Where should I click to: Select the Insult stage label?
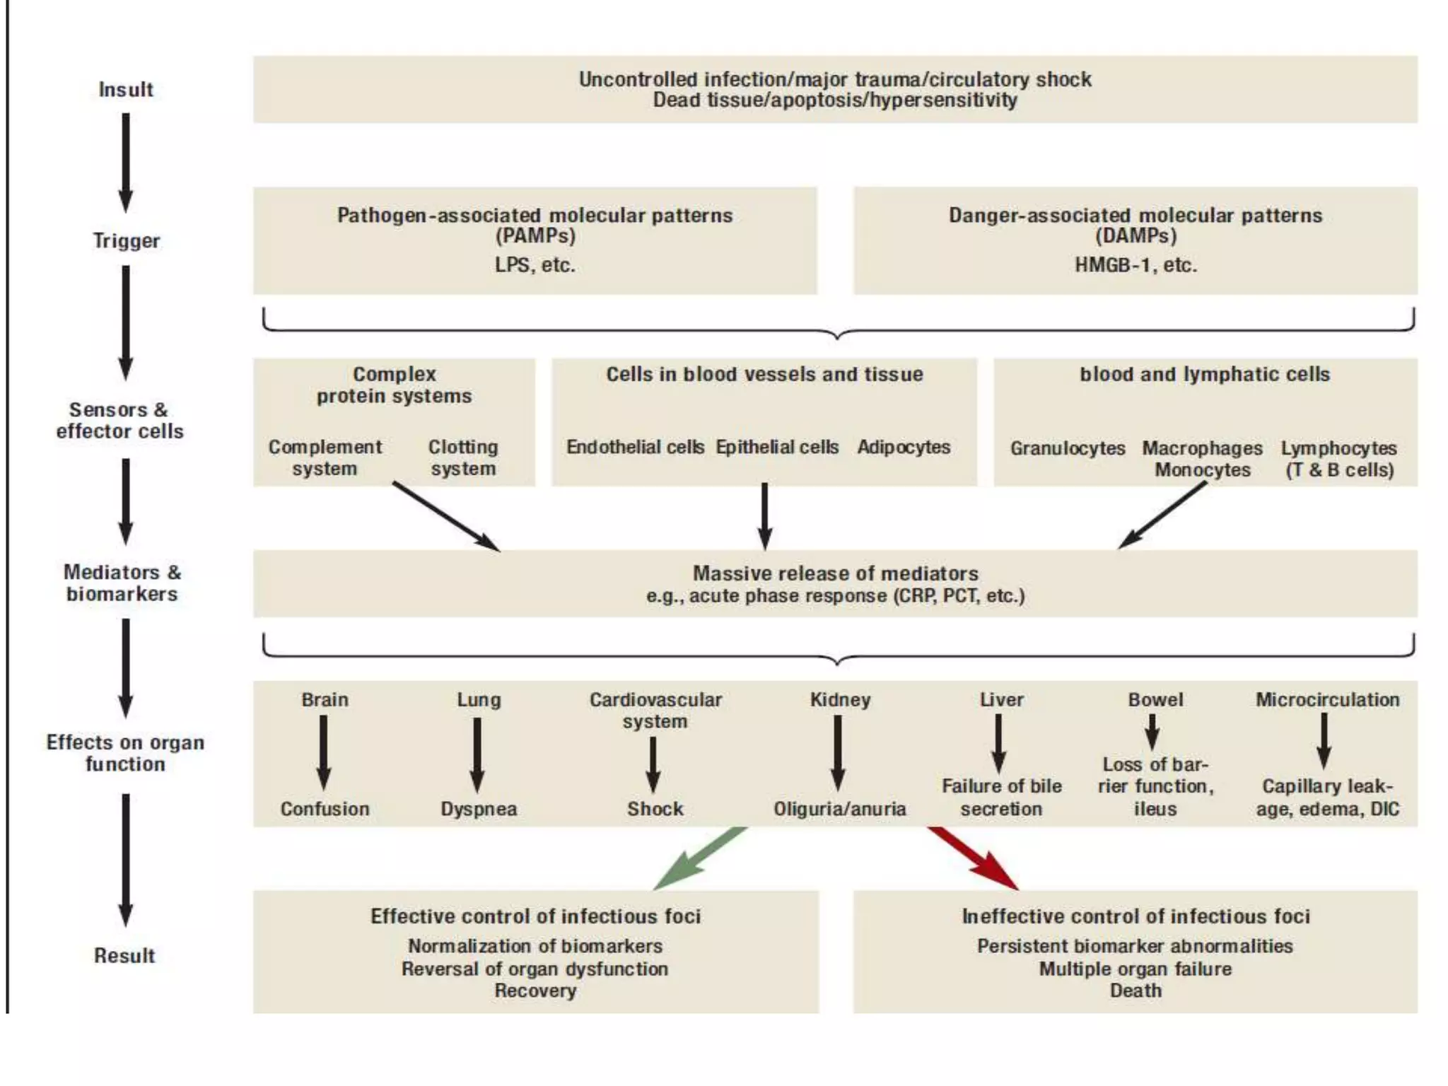pos(126,90)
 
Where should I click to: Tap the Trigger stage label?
pos(127,241)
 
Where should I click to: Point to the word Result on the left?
pos(124,956)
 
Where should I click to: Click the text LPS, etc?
pos(535,265)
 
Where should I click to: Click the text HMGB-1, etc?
pos(1135,265)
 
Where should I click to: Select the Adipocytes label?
pos(904,448)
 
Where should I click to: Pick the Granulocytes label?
pos(1068,448)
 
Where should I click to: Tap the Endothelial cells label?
pos(635,448)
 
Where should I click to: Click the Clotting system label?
pos(463,458)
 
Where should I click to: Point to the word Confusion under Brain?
pos(325,809)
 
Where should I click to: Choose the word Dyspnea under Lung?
pos(479,809)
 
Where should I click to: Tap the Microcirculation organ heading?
pos(1327,700)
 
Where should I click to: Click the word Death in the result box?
pos(1135,991)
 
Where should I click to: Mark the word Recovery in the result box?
pos(535,991)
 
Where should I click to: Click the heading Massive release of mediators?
pos(835,573)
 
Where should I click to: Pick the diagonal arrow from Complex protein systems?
pos(445,516)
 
